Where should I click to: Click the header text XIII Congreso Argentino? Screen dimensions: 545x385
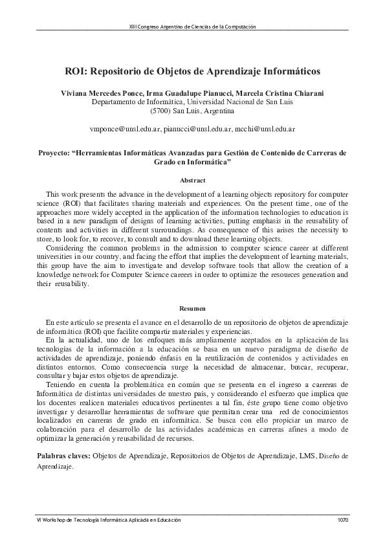click(x=192, y=27)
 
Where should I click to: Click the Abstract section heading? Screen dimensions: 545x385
click(x=192, y=180)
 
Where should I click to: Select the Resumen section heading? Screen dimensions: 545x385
click(x=192, y=309)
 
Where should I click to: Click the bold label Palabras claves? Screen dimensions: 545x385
click(x=63, y=456)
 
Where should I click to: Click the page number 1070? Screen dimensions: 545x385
click(x=342, y=520)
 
